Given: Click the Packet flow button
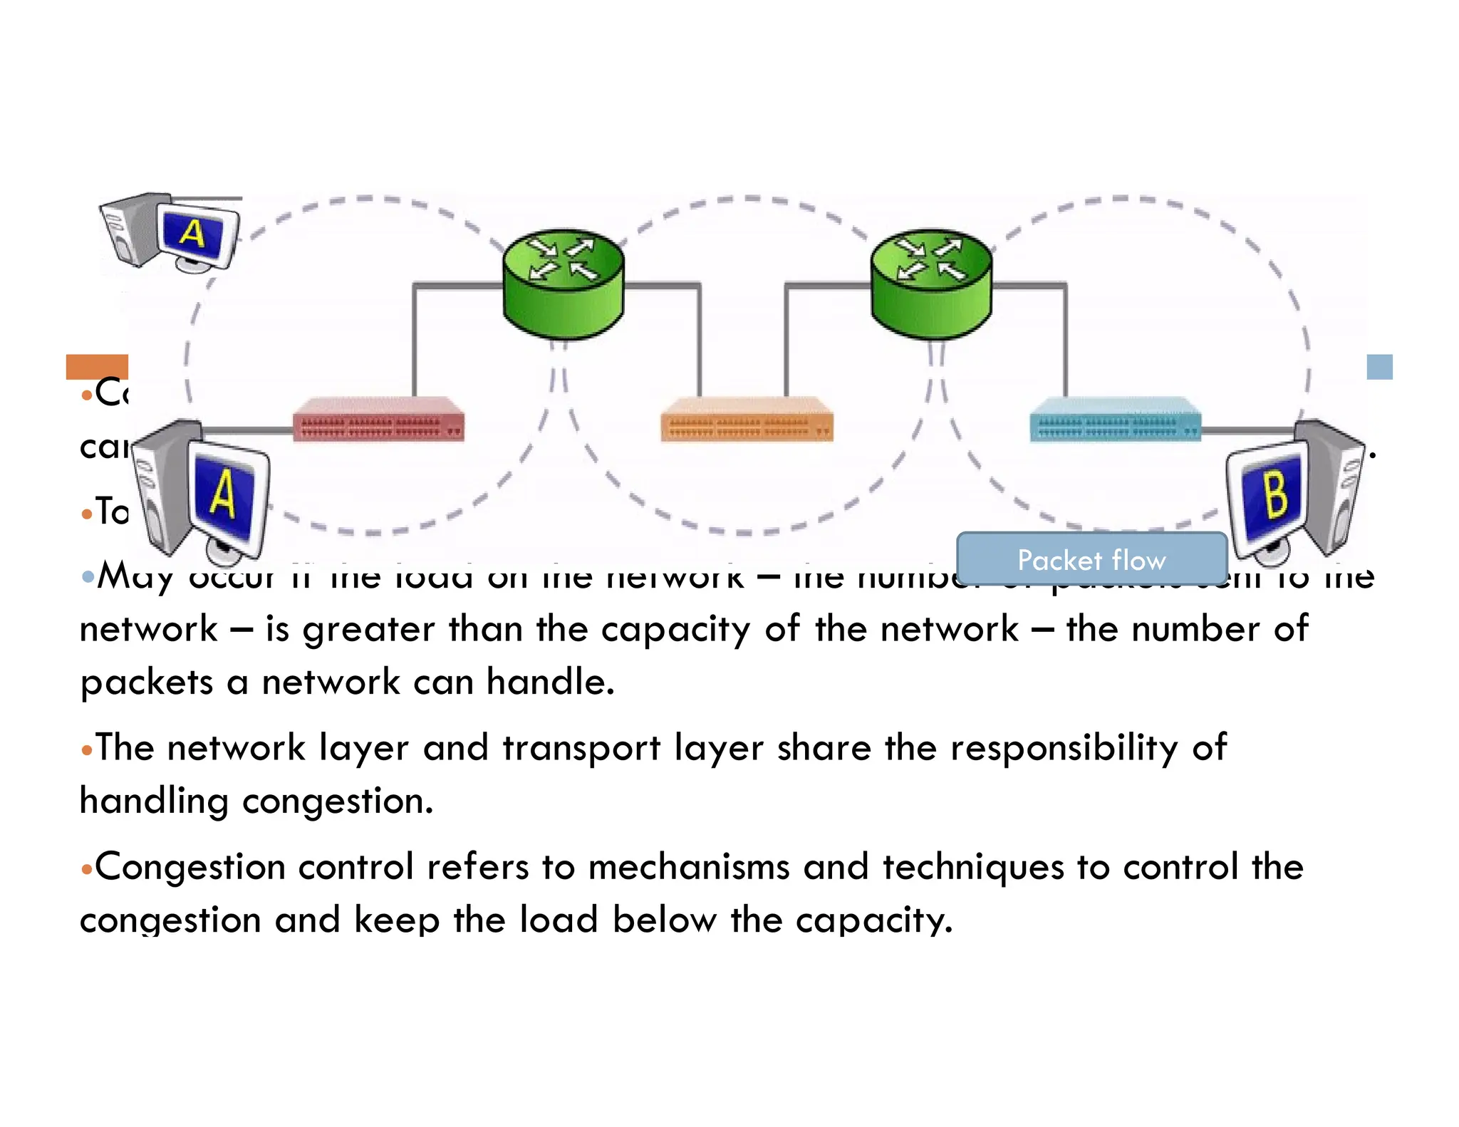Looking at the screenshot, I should [1091, 559].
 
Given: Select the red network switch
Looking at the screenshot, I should [378, 420].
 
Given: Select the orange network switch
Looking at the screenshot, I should [746, 420].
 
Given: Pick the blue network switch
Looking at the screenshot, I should [1115, 420].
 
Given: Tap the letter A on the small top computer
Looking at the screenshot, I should [192, 232].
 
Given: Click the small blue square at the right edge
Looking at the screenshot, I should [1379, 367].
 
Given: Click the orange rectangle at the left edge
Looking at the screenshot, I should [97, 366].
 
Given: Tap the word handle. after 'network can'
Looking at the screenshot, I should [550, 682].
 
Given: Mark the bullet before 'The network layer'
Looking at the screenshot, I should [87, 750].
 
